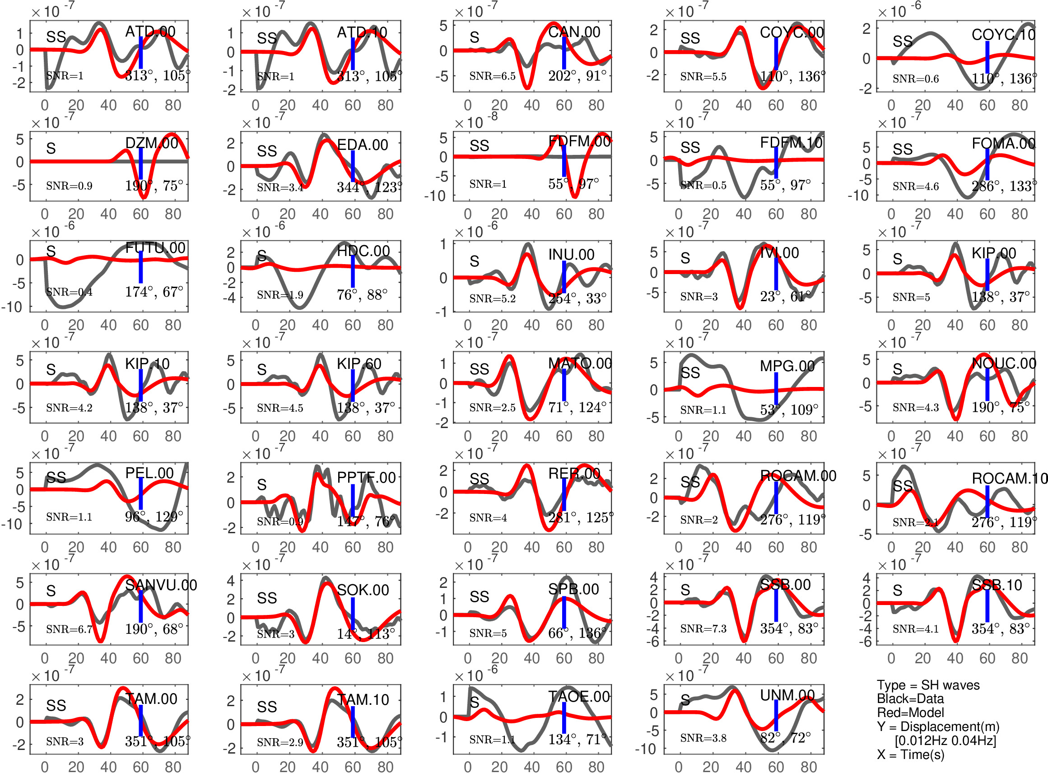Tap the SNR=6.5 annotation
click(x=492, y=76)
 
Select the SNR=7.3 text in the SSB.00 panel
click(x=703, y=629)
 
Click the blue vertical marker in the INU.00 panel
click(x=564, y=277)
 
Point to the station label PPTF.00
click(x=366, y=478)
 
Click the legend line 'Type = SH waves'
click(x=928, y=685)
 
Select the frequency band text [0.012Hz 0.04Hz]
click(x=945, y=740)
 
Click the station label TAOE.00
click(x=579, y=697)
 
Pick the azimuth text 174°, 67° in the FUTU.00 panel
click(x=154, y=292)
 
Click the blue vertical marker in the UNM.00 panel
click(x=776, y=716)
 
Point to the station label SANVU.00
click(x=161, y=585)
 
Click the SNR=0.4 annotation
click(x=69, y=293)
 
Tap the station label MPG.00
click(x=787, y=366)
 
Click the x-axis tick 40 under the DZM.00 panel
click(x=108, y=214)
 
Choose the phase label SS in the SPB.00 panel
click(x=480, y=596)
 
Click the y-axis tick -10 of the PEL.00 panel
click(x=13, y=524)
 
